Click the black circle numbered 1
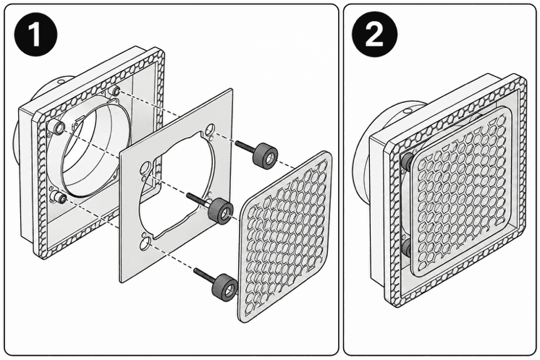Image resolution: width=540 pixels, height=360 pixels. point(35,34)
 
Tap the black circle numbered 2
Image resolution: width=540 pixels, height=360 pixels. point(374,34)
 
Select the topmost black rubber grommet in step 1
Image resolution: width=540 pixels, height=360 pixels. point(265,156)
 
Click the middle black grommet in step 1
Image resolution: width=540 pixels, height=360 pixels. point(221,212)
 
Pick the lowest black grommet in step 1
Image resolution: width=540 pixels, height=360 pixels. point(225,288)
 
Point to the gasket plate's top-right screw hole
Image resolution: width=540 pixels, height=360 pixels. point(210,130)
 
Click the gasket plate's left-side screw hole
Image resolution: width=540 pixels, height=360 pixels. point(145,169)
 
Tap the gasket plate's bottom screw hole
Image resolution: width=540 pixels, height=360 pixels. point(145,244)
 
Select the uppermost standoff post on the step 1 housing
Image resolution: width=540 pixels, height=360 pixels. point(115,91)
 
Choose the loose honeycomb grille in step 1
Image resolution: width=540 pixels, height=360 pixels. point(284,237)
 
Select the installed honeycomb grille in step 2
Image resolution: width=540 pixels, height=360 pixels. point(462,191)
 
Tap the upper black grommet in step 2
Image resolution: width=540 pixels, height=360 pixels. point(407,162)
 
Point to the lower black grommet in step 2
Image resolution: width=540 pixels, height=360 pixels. point(407,248)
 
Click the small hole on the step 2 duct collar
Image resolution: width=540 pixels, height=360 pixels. point(408,111)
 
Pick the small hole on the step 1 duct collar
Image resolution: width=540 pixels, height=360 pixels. point(61,83)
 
